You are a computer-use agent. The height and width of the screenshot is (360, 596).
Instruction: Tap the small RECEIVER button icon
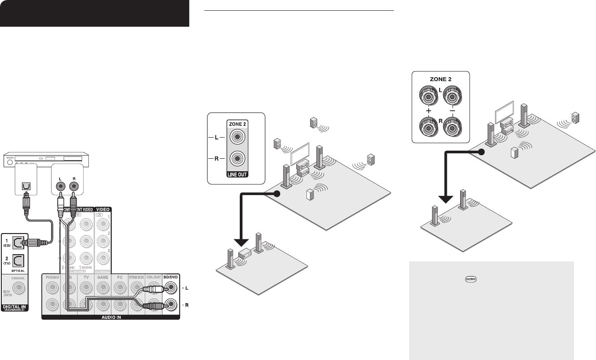(471, 278)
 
